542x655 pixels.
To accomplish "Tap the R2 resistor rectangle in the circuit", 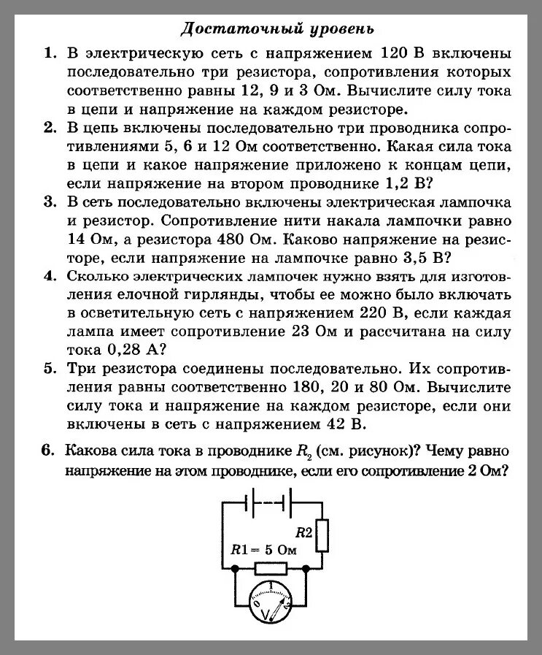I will (323, 534).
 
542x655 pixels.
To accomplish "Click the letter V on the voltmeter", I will (264, 610).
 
